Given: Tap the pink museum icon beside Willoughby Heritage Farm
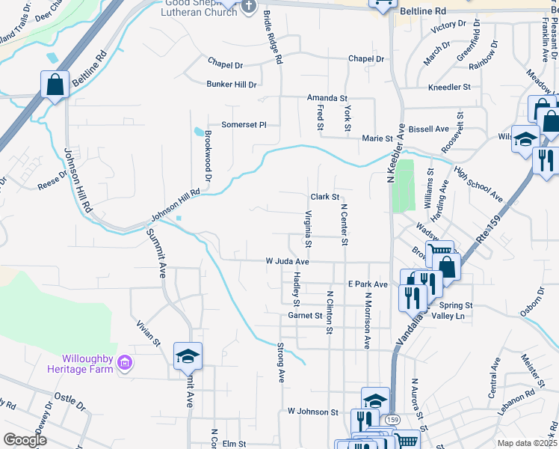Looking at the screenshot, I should tap(126, 364).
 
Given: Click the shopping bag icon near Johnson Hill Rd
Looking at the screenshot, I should tap(55, 84).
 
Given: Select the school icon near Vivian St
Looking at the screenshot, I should tap(188, 355).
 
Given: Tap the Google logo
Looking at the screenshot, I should tap(25, 440).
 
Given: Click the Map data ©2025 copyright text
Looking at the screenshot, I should tap(527, 443).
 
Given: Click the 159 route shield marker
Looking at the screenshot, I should tap(393, 420).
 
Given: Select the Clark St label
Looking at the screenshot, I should tap(325, 197).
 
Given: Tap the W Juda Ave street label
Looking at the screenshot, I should tap(287, 262).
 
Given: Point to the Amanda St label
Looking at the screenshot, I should tap(327, 98).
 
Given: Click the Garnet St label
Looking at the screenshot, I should tap(304, 316).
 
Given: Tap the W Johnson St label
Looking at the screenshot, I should tap(312, 412).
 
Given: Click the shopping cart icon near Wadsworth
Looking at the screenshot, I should tap(439, 253).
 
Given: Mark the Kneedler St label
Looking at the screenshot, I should tap(449, 87).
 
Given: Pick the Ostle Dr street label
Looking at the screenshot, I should tap(68, 399).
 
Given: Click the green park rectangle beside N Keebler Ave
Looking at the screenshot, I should tap(403, 186).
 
